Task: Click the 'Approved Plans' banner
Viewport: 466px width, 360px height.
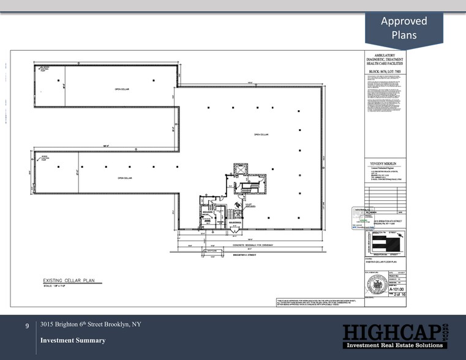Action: click(x=404, y=28)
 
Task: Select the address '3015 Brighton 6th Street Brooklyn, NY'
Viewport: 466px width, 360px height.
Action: click(x=91, y=324)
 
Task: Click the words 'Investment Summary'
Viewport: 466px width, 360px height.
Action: click(x=72, y=340)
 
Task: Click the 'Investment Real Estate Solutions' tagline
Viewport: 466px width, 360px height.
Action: click(x=393, y=346)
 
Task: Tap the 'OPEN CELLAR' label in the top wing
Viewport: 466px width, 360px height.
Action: click(x=122, y=89)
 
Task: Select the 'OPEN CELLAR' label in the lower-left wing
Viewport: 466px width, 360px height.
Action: click(x=125, y=178)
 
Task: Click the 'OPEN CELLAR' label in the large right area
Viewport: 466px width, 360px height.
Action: click(x=261, y=134)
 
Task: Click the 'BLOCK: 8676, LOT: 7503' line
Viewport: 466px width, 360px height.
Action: click(x=385, y=72)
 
